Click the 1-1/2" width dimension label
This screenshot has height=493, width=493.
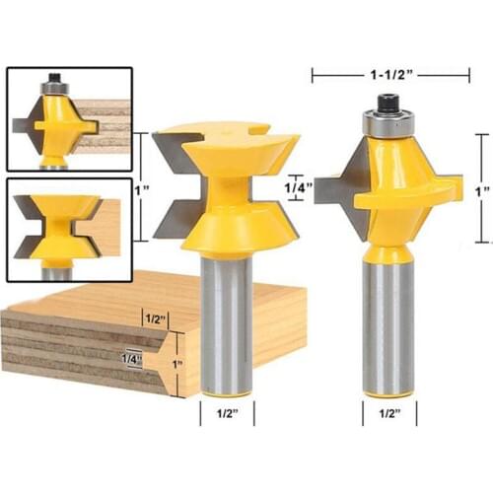coord(390,75)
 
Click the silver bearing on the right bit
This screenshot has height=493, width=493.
coord(387,123)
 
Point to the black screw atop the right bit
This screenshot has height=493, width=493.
coord(387,103)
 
